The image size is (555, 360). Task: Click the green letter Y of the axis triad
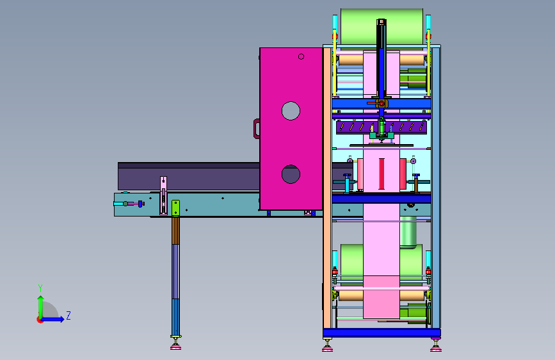(x=40, y=288)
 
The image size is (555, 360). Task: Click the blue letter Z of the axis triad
(x=68, y=315)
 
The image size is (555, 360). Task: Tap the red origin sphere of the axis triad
(x=39, y=320)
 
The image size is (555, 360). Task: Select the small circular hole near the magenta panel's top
(x=302, y=56)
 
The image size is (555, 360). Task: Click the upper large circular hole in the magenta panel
(x=291, y=111)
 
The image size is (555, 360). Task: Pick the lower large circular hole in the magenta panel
(x=291, y=174)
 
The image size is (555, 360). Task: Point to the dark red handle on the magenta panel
(x=256, y=129)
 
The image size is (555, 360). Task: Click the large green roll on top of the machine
(x=382, y=26)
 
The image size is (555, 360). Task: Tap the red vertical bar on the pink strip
(x=382, y=174)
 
